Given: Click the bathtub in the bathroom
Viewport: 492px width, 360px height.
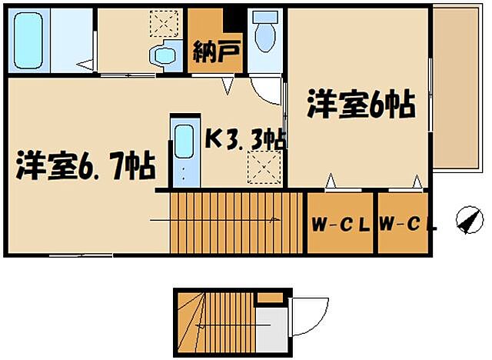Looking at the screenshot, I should tap(33, 39).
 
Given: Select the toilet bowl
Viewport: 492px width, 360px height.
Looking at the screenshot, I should tap(266, 35).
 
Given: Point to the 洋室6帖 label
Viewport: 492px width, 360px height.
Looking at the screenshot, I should tap(361, 104).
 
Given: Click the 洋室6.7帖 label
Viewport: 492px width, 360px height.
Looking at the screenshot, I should tap(85, 165).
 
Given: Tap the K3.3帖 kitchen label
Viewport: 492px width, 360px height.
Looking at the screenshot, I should tap(245, 139).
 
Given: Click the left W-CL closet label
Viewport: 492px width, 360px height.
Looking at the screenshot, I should tap(341, 225).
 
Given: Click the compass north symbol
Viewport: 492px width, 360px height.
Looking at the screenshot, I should tap(467, 219).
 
